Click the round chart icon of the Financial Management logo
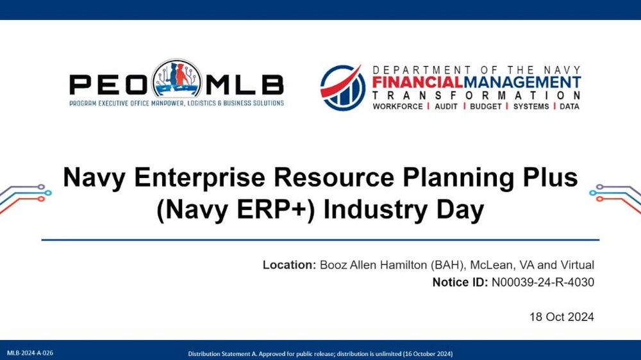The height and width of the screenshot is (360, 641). [343, 88]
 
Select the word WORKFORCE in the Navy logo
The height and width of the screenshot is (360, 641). [397, 106]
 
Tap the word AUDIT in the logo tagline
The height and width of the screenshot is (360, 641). [446, 106]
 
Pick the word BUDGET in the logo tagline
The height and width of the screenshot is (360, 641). [487, 106]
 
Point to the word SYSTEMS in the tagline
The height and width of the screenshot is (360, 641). [531, 106]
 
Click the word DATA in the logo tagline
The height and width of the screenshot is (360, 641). [569, 106]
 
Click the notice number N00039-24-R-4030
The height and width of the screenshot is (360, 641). [542, 282]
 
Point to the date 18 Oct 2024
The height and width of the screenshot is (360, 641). [562, 317]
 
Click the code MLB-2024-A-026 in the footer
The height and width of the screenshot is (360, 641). [30, 354]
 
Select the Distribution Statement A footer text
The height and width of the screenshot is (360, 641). [320, 354]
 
